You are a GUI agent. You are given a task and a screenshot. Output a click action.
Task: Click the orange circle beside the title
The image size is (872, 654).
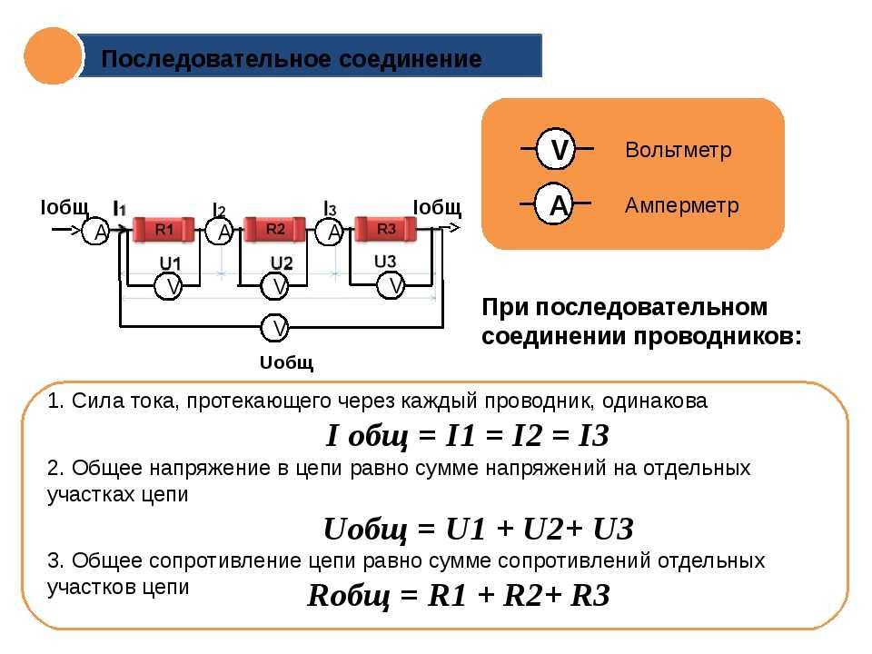click(x=53, y=56)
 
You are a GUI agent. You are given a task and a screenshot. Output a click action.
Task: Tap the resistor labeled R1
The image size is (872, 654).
click(x=164, y=229)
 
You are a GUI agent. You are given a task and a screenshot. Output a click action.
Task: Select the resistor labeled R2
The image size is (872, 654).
click(x=274, y=229)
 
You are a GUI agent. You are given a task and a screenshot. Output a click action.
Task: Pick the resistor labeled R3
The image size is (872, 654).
click(x=386, y=229)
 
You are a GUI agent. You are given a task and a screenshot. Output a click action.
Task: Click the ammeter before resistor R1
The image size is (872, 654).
click(x=96, y=231)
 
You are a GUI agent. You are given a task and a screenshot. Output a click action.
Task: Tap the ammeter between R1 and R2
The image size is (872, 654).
click(x=220, y=231)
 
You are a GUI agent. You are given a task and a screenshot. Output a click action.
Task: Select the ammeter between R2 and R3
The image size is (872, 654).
click(x=330, y=231)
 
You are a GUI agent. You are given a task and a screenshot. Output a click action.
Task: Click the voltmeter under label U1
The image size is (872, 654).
click(x=168, y=286)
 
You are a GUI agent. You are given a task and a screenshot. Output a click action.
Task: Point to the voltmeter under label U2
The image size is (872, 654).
click(x=274, y=286)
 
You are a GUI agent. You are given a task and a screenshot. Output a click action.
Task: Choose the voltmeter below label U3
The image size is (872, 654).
click(x=391, y=286)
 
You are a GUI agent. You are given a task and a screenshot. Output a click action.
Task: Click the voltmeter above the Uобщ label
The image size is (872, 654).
click(x=274, y=328)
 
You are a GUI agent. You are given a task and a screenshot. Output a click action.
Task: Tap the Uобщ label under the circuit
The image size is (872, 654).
click(x=286, y=363)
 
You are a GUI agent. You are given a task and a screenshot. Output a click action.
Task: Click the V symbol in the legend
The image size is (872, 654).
click(x=556, y=149)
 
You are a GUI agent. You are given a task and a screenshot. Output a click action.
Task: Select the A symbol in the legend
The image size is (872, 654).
click(x=554, y=204)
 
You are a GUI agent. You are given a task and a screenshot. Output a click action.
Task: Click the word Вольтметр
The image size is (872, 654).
click(x=679, y=150)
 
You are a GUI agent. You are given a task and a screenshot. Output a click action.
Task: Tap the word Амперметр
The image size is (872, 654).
click(x=682, y=206)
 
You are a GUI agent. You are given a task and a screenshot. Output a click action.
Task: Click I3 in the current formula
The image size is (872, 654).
click(x=593, y=435)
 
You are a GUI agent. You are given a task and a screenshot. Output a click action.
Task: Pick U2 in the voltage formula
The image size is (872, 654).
click(x=543, y=529)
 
